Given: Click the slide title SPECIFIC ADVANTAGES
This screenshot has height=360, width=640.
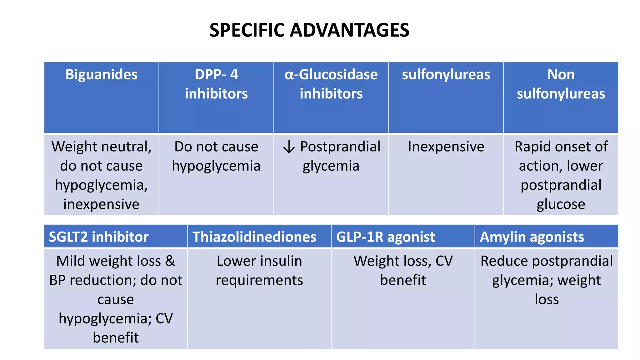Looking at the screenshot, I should [309, 30].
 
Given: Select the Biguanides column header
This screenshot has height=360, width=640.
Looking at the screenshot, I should [101, 75].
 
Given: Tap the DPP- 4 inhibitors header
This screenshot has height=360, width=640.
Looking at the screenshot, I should [216, 84].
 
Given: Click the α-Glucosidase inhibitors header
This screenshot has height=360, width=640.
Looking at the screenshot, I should [331, 84].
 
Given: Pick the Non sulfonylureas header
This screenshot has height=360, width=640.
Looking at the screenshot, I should [561, 84].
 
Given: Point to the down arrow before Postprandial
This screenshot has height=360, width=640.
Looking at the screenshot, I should [289, 147].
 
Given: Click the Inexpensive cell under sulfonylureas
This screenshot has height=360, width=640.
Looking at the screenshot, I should [446, 147].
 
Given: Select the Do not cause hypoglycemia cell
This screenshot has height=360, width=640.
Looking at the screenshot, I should [216, 156].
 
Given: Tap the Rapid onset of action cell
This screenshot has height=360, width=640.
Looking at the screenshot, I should [561, 175].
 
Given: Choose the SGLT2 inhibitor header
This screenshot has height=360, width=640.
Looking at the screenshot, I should [99, 237].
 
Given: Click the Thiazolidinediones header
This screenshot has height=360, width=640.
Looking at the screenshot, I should [254, 237].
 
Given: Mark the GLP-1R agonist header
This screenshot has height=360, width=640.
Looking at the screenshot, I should [385, 237].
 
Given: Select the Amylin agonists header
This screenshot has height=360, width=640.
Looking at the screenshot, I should [532, 237].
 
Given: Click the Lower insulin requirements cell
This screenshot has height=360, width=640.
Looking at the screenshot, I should [259, 271].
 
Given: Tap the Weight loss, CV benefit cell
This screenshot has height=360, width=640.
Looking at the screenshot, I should [403, 271].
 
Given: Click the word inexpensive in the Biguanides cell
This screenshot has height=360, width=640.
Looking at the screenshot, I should [101, 204].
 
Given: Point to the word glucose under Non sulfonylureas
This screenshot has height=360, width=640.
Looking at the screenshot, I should [561, 204].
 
